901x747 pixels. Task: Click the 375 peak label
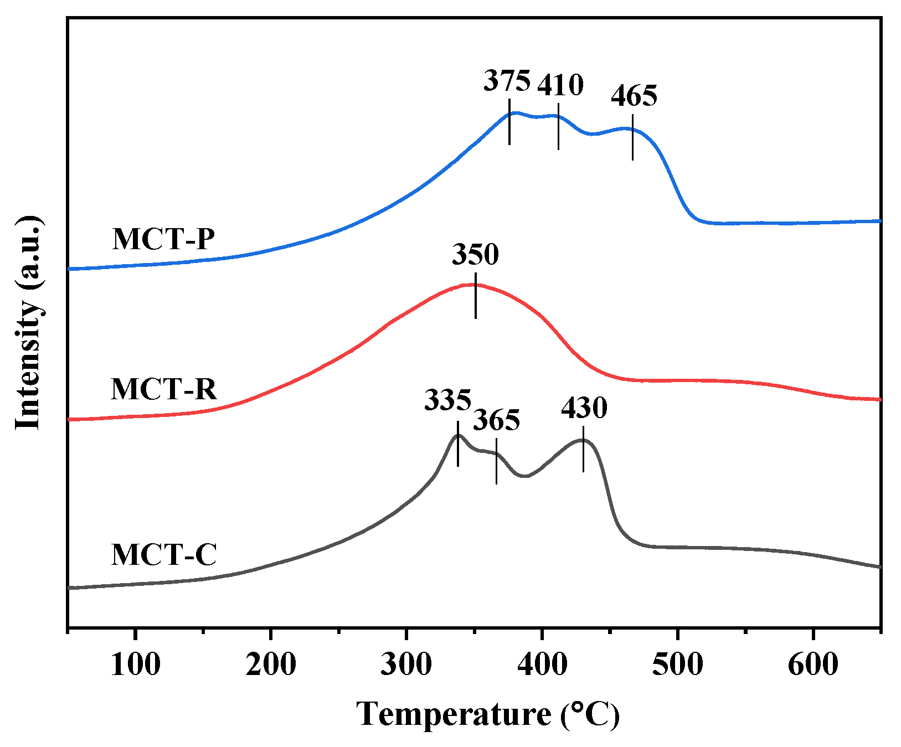[507, 81]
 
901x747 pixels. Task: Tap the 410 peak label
[560, 85]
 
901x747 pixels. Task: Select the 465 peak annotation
[634, 96]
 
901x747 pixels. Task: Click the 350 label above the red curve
[475, 255]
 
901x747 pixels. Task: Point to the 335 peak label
[447, 400]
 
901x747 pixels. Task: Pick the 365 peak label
[496, 420]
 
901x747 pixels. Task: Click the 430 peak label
[584, 408]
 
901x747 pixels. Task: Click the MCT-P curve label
[163, 239]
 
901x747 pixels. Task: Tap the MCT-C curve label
[164, 554]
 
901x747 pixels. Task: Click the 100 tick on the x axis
[135, 664]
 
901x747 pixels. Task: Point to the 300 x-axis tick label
[406, 664]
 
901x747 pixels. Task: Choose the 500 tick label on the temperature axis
[677, 664]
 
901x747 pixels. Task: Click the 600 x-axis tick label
[812, 664]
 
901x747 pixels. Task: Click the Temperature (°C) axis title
[488, 714]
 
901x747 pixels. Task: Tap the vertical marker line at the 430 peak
[583, 449]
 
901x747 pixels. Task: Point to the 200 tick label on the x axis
[271, 664]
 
